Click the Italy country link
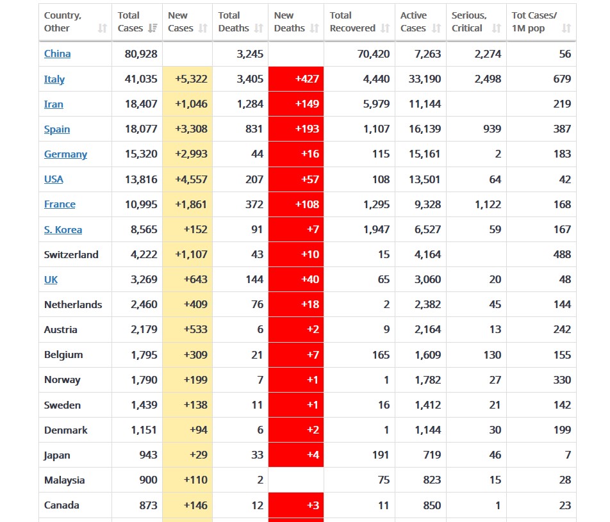pos(54,79)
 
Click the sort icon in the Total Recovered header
pos(385,28)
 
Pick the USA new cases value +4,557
pos(191,179)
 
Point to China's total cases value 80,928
pos(141,54)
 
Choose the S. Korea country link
pos(63,229)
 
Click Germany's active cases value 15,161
pos(424,154)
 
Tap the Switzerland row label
pos(71,254)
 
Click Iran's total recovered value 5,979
pos(375,104)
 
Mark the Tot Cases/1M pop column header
pos(534,22)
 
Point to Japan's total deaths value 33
pos(257,455)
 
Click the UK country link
pos(51,279)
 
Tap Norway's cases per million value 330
pos(562,380)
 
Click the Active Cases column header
pos(413,22)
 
